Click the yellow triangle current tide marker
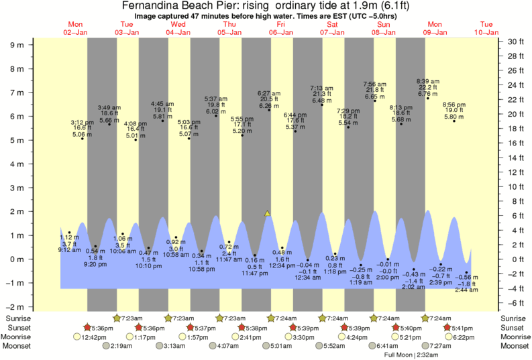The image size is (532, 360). pyautogui.click(x=267, y=213)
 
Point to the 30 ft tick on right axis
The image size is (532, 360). pyautogui.click(x=515, y=42)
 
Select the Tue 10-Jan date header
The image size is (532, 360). pyautogui.click(x=486, y=27)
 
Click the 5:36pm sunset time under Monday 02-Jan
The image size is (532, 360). pyautogui.click(x=102, y=328)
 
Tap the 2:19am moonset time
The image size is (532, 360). pyautogui.click(x=115, y=347)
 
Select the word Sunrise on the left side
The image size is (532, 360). pyautogui.click(x=18, y=318)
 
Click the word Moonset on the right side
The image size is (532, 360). pyautogui.click(x=515, y=347)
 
